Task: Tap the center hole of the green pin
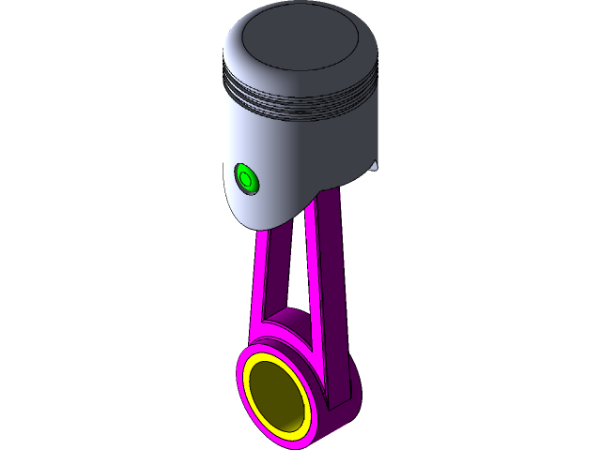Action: click(245, 176)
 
